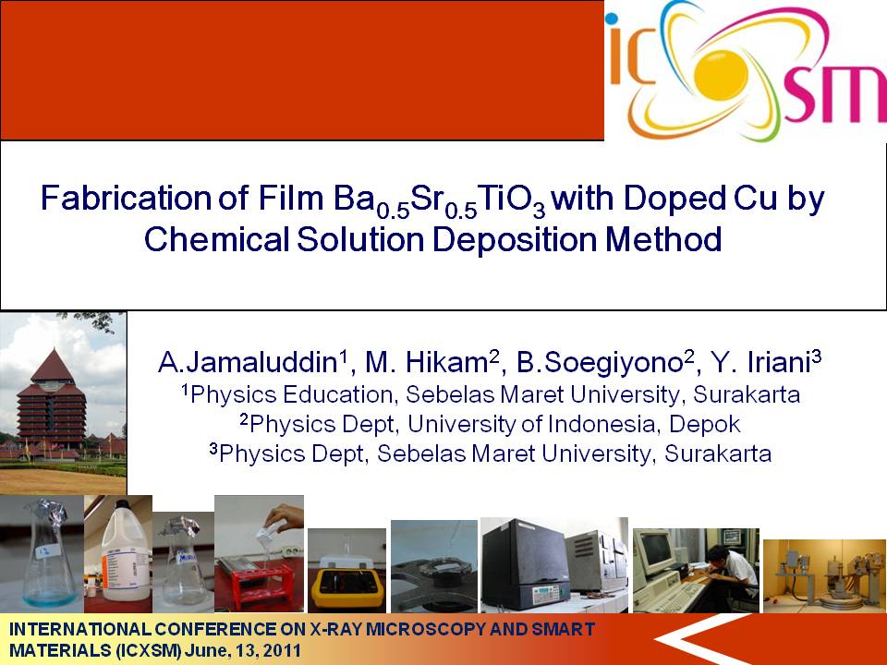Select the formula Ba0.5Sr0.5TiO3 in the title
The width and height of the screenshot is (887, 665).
[440, 200]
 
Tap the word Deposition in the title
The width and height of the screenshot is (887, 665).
[515, 239]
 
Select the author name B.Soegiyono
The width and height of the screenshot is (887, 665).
[604, 362]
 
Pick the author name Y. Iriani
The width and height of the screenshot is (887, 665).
[765, 362]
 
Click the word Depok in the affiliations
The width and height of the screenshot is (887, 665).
[704, 424]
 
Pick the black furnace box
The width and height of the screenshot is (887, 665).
[525, 565]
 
